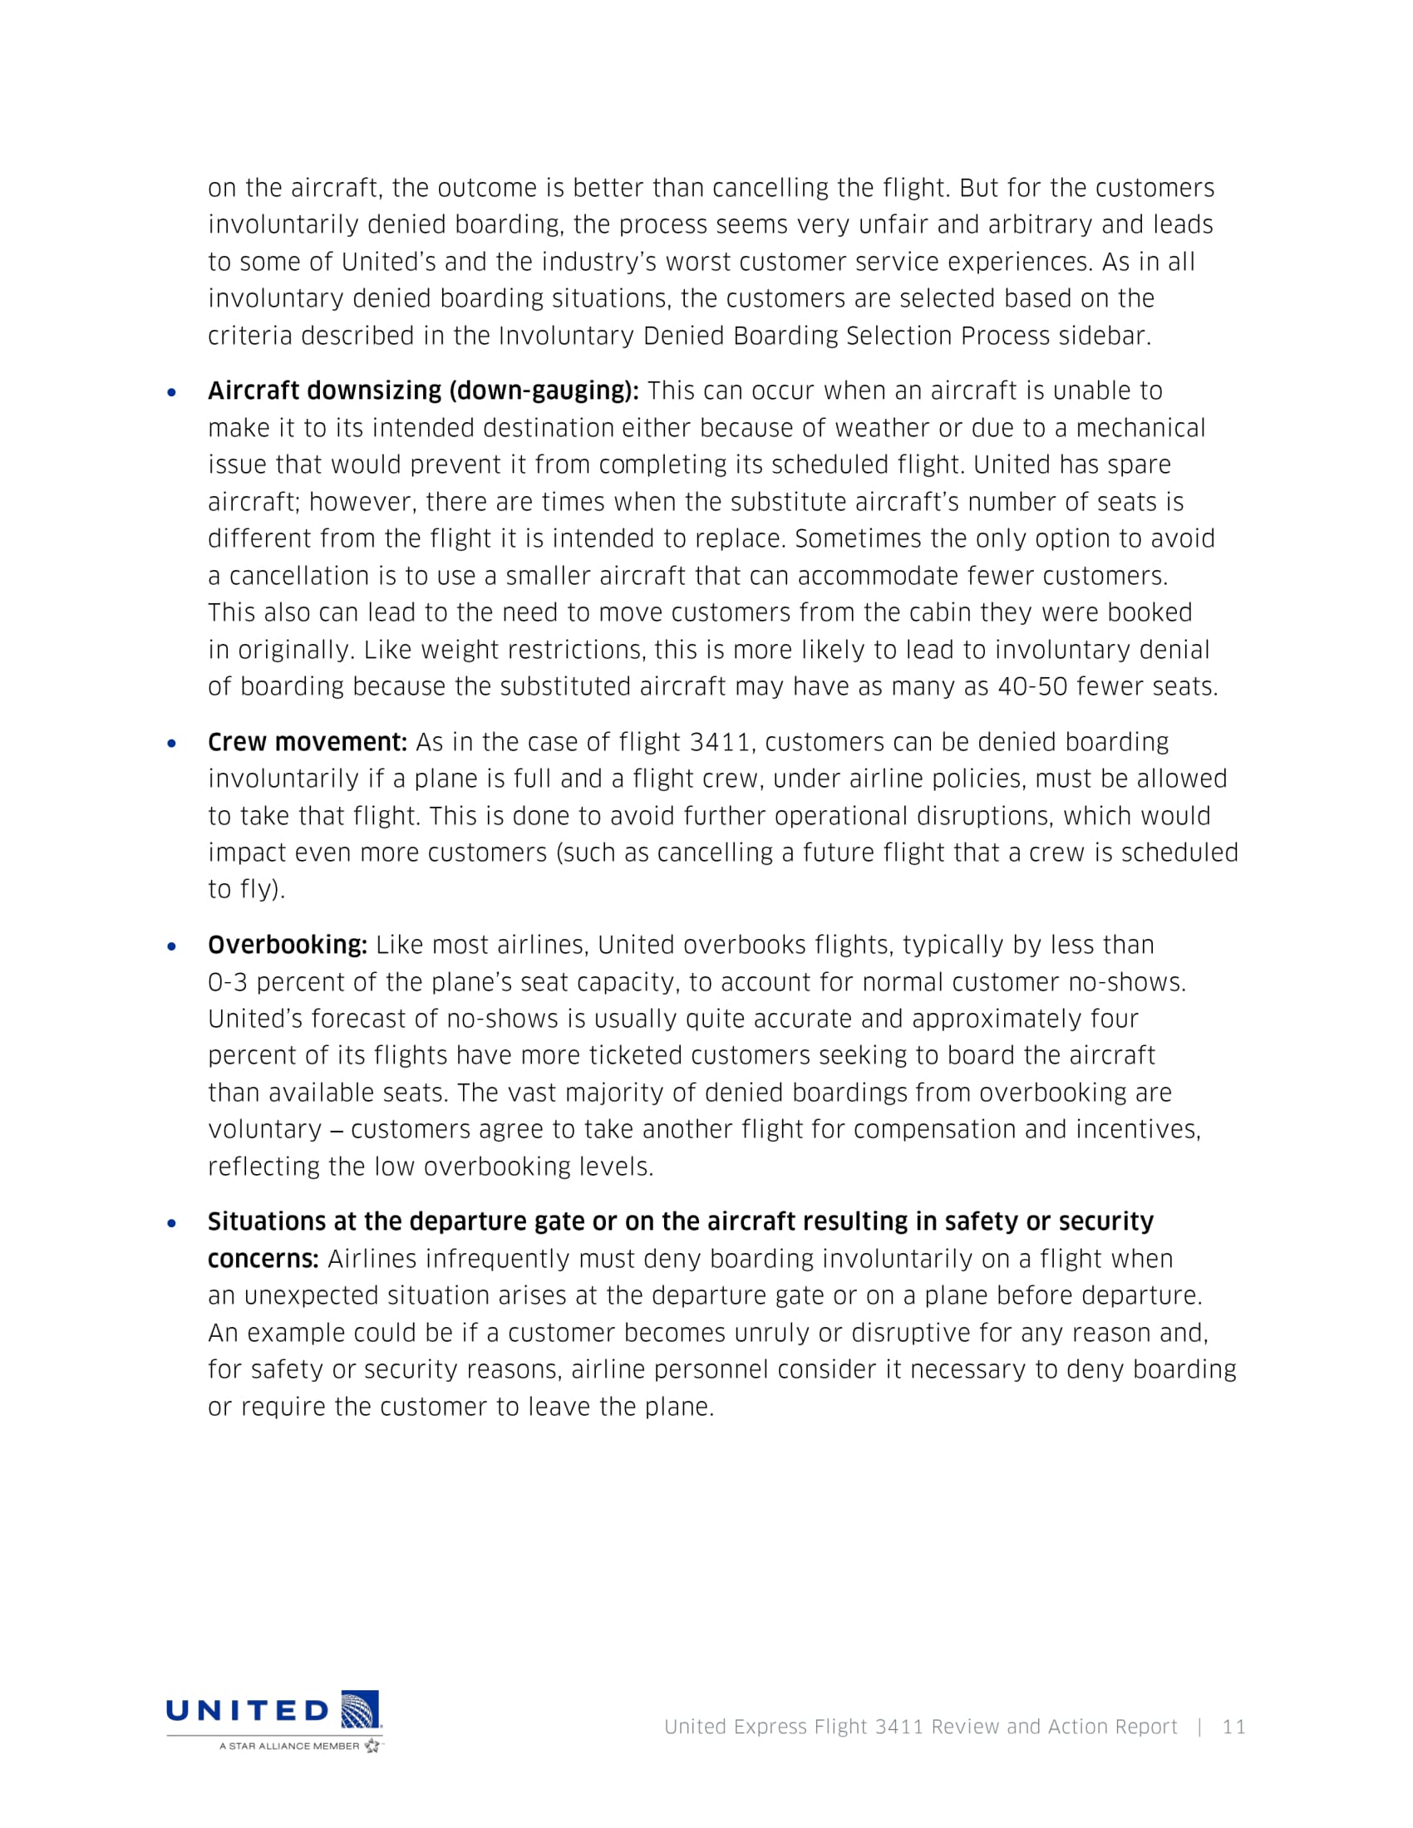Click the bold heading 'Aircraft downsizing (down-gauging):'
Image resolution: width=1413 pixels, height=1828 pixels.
coord(423,391)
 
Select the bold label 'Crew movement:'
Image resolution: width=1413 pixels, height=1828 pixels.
coord(308,742)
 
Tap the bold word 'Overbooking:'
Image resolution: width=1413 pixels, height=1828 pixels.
coord(287,945)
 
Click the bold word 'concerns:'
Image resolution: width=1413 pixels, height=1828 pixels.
coord(263,1259)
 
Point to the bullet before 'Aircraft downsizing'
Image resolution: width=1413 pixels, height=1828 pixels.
coord(172,391)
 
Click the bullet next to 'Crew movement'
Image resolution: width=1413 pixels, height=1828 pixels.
coord(172,744)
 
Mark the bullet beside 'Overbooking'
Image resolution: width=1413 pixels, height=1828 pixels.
coord(172,946)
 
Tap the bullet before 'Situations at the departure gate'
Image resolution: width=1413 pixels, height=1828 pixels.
coord(172,1223)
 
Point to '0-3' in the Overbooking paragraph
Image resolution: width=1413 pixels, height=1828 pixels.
coord(228,982)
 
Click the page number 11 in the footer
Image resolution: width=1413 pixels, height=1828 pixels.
coord(1233,1727)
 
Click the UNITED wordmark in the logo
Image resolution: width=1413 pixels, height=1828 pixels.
coord(248,1710)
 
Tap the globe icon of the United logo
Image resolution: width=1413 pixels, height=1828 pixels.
coord(360,1708)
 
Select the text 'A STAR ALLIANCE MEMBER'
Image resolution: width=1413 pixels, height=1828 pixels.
coord(288,1746)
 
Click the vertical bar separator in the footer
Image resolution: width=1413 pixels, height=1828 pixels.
coord(1200,1727)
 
